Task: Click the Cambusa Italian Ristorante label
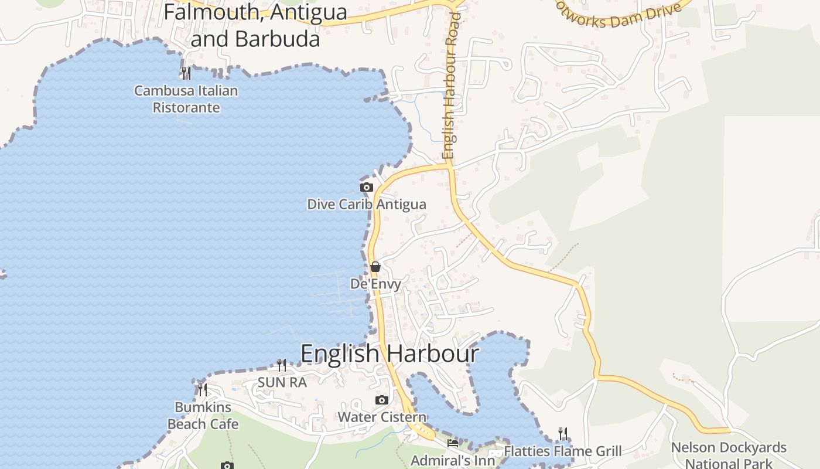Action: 186,99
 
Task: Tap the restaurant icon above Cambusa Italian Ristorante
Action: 186,73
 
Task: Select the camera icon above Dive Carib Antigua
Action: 367,188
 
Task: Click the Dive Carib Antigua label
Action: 367,205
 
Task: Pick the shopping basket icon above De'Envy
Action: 375,267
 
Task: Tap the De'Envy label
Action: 375,284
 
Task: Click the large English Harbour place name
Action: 389,354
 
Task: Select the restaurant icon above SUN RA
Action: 282,365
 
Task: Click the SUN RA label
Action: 282,383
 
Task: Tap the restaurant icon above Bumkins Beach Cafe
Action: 203,389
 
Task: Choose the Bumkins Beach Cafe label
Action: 203,415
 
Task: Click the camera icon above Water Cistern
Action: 382,400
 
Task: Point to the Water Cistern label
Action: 382,417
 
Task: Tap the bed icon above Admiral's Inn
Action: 453,443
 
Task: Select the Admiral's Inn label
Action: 453,460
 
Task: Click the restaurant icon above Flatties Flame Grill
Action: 562,434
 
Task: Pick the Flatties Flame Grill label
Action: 562,451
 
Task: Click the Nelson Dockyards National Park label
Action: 729,455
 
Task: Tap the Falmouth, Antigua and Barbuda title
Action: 255,25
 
